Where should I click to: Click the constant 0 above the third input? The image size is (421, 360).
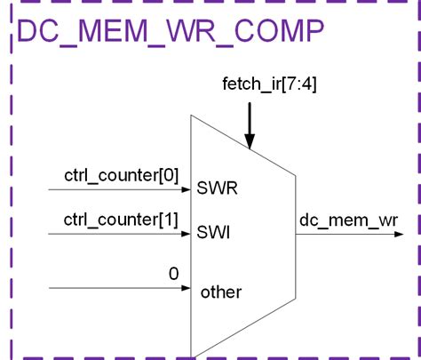[x=174, y=274]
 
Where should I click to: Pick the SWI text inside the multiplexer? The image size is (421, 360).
[x=216, y=234]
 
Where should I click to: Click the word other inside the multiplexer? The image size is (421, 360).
[x=220, y=292]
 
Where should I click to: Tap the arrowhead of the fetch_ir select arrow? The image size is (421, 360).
[x=250, y=141]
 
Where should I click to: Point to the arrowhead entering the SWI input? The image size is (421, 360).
[x=187, y=235]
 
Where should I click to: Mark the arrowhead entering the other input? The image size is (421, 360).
[x=187, y=289]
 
